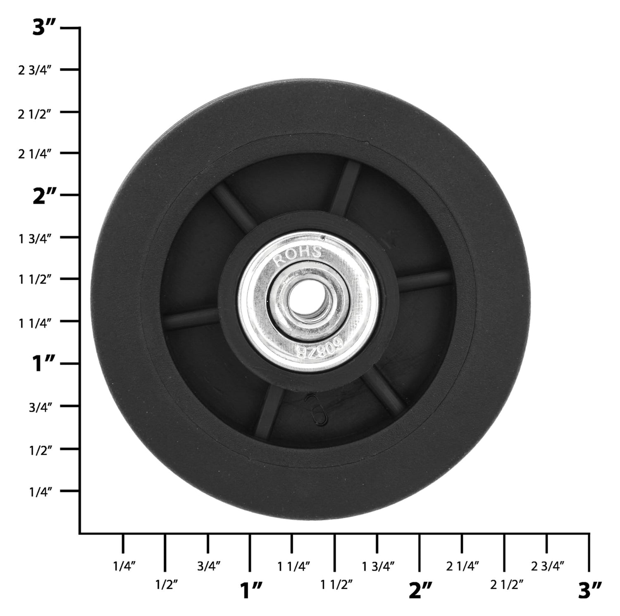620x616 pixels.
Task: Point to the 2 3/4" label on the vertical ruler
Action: [34, 70]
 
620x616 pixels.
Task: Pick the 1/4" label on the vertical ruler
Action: [40, 492]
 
